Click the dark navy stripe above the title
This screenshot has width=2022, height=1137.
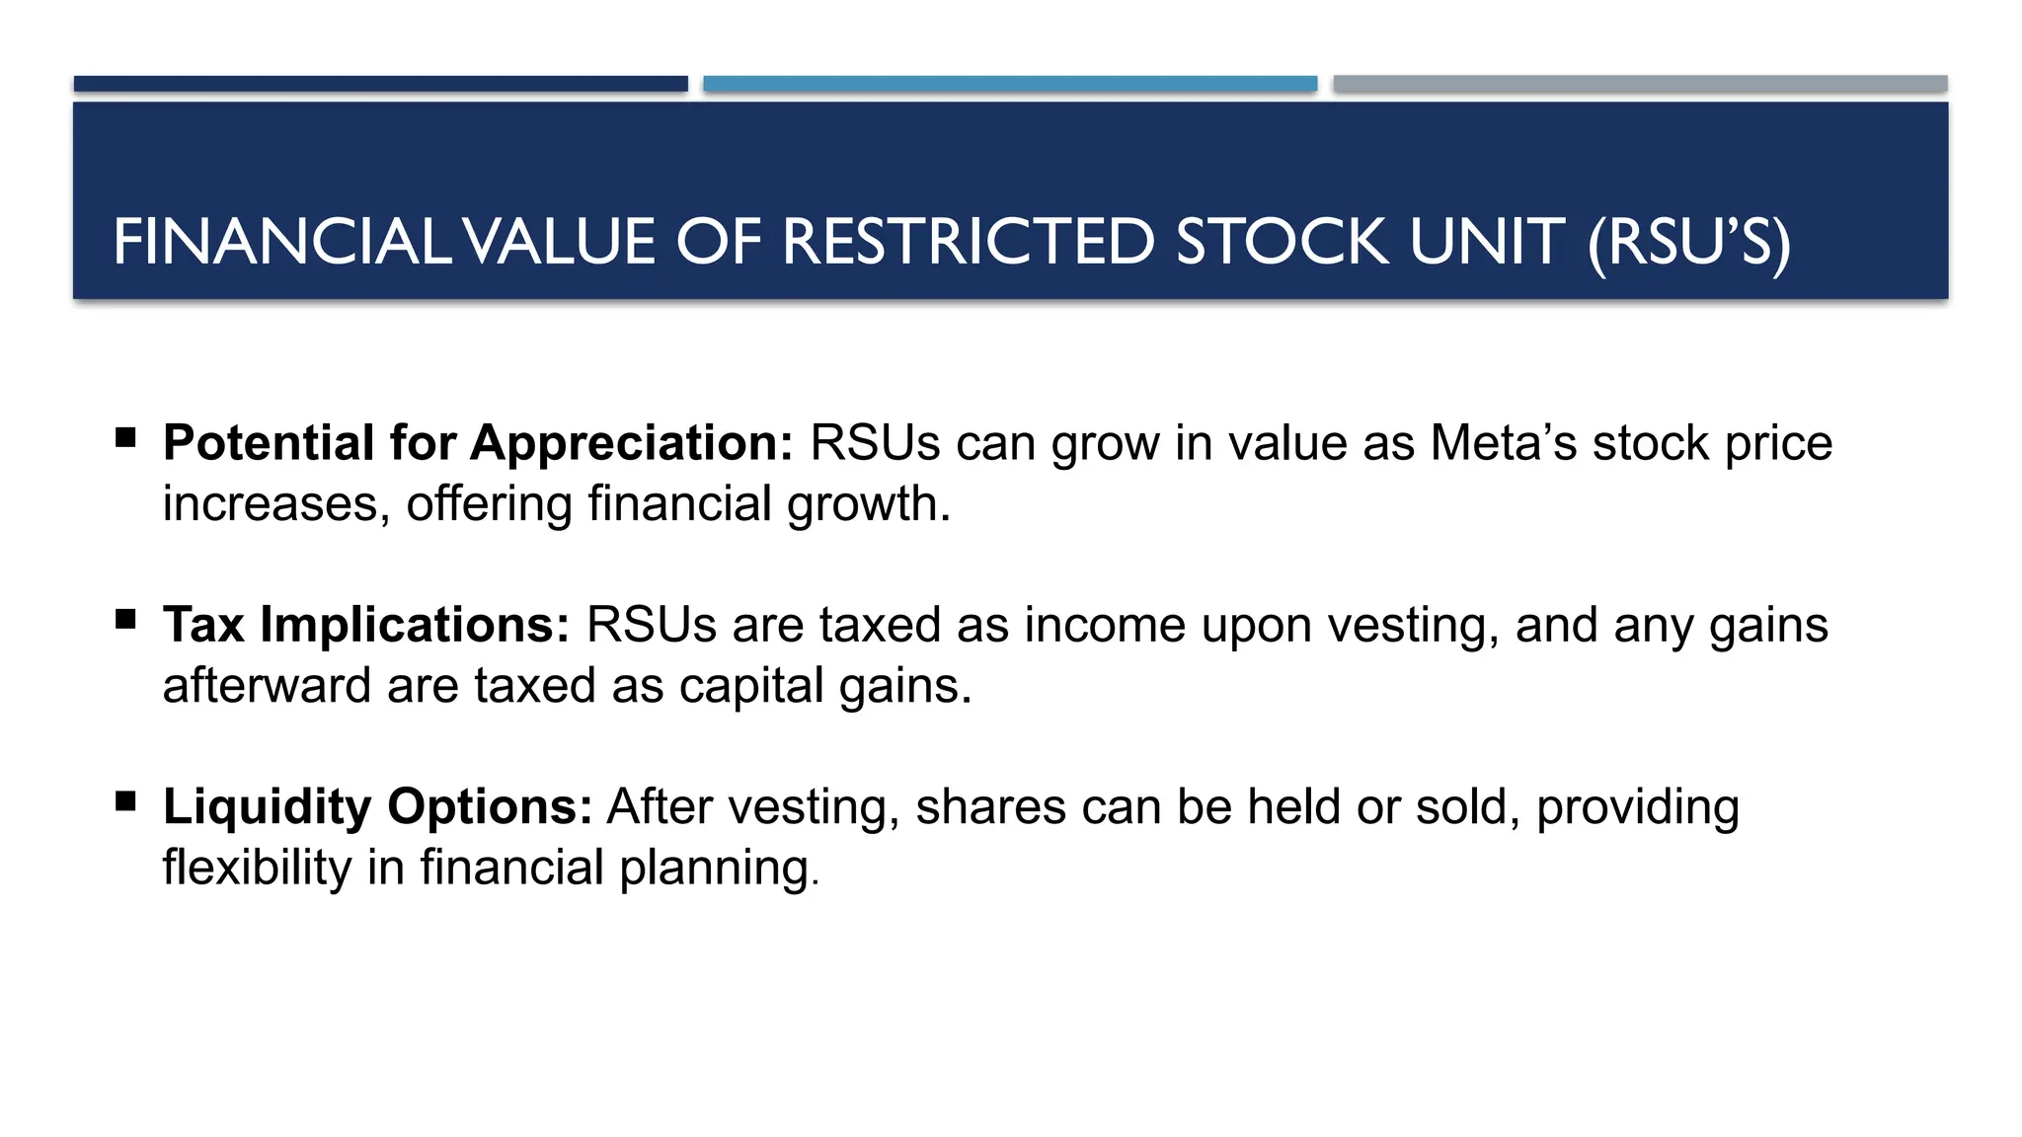pos(380,84)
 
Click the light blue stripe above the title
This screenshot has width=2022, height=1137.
pos(1010,84)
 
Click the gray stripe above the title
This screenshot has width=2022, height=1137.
pos(1640,84)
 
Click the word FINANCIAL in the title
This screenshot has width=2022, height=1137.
pos(281,242)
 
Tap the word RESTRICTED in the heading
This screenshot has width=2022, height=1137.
pos(969,242)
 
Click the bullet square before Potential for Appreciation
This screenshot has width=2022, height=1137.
pos(125,437)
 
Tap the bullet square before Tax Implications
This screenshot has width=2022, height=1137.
pos(125,619)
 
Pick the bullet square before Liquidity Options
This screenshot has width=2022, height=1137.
pos(125,800)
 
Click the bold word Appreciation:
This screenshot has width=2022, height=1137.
pos(632,443)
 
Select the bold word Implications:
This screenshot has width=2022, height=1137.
pos(416,626)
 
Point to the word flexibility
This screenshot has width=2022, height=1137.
pos(258,868)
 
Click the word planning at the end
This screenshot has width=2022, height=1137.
pos(719,870)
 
